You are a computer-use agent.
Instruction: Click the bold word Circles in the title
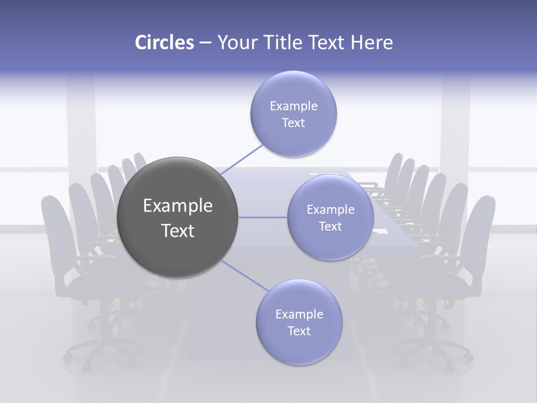tap(164, 43)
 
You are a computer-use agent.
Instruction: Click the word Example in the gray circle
tap(178, 206)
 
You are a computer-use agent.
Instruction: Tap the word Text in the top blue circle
tap(293, 123)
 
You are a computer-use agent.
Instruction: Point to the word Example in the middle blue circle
tap(331, 210)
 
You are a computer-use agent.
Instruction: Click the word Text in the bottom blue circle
tap(299, 331)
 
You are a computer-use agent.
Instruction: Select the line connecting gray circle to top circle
tap(242, 159)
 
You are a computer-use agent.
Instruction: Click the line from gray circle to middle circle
tap(262, 217)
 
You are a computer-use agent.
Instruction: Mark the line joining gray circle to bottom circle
tap(244, 276)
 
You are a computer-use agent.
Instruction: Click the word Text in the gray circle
tap(178, 231)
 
